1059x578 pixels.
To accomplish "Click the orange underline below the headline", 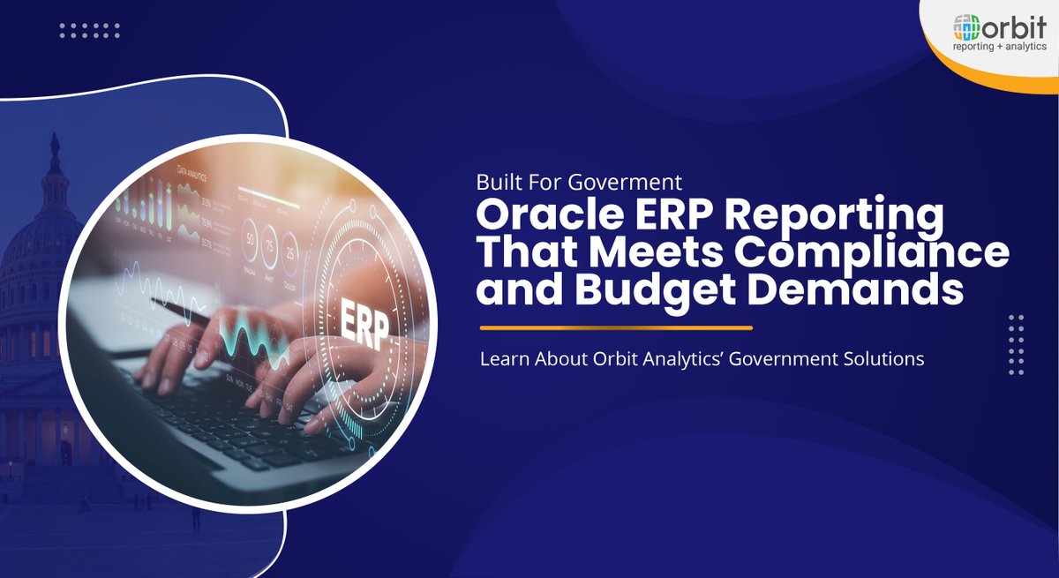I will click(616, 328).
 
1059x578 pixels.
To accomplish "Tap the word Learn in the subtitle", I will click(501, 360).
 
